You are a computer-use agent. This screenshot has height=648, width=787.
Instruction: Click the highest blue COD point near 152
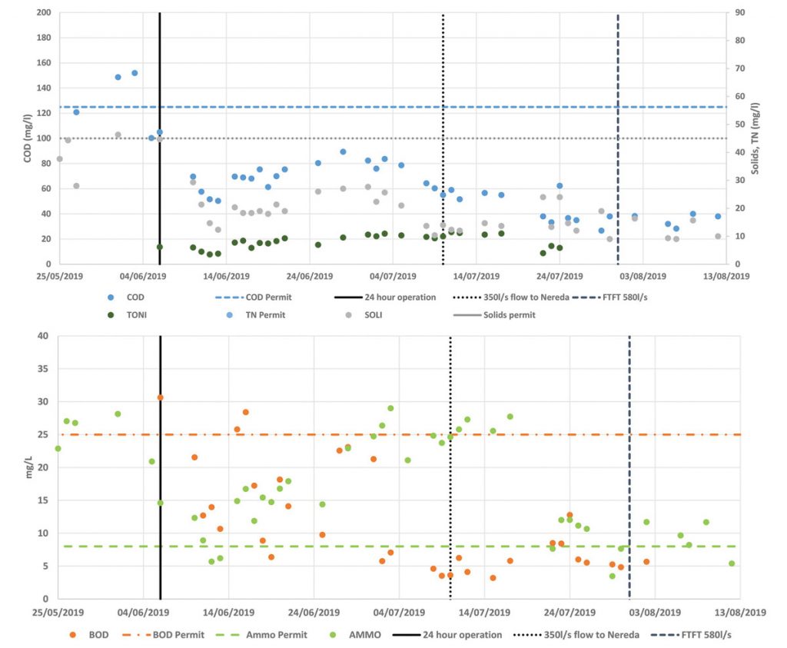point(134,73)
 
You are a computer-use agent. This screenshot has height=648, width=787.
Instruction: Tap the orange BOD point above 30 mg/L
point(161,397)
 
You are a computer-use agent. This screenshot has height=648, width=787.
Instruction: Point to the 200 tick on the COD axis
point(43,13)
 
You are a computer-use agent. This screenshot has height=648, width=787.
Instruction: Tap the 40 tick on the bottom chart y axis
point(43,336)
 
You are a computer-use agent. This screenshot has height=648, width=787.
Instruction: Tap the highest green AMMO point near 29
point(390,408)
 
